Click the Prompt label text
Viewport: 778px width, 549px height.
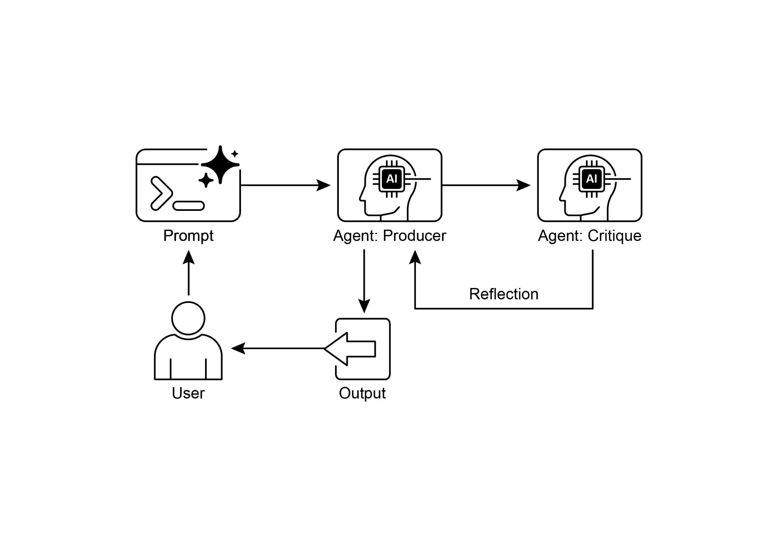pyautogui.click(x=188, y=236)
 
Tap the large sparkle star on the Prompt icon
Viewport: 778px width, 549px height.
pyautogui.click(x=220, y=165)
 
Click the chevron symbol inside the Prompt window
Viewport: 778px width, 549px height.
pyautogui.click(x=161, y=193)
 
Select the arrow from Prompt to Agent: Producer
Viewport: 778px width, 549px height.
pyautogui.click(x=285, y=185)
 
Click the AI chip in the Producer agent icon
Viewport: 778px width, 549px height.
pyautogui.click(x=391, y=179)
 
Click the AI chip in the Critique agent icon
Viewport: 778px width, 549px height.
pyautogui.click(x=591, y=179)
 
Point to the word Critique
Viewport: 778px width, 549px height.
pyautogui.click(x=614, y=236)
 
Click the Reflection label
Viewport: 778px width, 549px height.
pyautogui.click(x=503, y=294)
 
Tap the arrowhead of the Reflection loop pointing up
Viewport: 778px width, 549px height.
pyautogui.click(x=415, y=257)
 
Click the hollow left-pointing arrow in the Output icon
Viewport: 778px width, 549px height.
pyautogui.click(x=349, y=349)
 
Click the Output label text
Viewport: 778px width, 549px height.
pyautogui.click(x=362, y=393)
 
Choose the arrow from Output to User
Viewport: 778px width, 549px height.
pyautogui.click(x=277, y=348)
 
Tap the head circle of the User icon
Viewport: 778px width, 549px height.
pyautogui.click(x=188, y=318)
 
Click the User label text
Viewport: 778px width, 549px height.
pyautogui.click(x=188, y=393)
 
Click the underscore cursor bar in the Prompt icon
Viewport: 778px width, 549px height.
pyautogui.click(x=188, y=206)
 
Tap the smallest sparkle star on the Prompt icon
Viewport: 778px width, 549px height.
pyautogui.click(x=235, y=154)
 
